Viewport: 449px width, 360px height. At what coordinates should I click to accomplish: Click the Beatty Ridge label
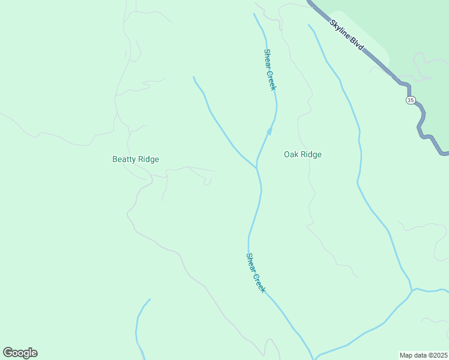click(136, 159)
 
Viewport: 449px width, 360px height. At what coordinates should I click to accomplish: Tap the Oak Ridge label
click(303, 155)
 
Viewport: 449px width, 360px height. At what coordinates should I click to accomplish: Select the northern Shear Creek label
click(270, 69)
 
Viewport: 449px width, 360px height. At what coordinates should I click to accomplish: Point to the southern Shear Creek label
click(256, 272)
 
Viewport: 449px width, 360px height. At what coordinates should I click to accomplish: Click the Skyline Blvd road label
click(347, 34)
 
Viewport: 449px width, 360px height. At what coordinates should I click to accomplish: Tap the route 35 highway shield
click(410, 100)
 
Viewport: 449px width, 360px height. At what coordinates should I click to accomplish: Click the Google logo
click(20, 353)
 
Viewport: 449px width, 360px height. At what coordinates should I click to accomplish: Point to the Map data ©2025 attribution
click(423, 355)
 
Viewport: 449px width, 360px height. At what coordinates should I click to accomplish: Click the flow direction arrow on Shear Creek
click(270, 130)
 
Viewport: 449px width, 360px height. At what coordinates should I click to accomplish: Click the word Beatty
click(124, 159)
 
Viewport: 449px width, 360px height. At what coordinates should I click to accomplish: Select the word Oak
click(291, 155)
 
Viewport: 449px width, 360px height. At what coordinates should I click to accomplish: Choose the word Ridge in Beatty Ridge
click(148, 159)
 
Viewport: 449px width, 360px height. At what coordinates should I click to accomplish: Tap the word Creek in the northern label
click(273, 79)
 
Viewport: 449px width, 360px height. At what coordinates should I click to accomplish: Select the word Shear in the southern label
click(252, 263)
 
